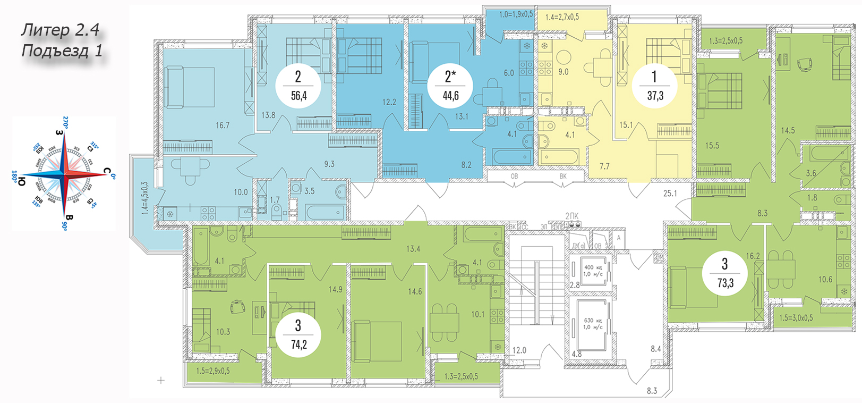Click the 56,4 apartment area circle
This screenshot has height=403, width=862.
tap(298, 86)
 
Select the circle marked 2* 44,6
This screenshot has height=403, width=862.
tap(450, 86)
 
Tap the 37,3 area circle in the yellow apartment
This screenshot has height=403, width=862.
tap(654, 86)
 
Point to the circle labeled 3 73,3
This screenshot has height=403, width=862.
tap(725, 273)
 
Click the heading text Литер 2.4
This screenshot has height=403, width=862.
tap(60, 30)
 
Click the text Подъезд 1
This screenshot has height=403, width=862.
tap(62, 51)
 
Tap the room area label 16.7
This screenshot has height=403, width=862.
tap(222, 125)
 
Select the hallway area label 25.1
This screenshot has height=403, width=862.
tap(670, 194)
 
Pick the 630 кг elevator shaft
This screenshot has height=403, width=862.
tap(593, 324)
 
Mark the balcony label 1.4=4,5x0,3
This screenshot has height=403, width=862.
tap(144, 198)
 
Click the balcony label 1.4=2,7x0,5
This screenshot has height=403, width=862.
tap(562, 17)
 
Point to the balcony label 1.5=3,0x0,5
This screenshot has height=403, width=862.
tap(796, 318)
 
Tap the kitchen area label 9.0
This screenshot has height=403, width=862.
tap(564, 72)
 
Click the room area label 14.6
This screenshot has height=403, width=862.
tap(415, 291)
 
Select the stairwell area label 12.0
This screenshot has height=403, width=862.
tap(519, 350)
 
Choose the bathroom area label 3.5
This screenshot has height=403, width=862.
tap(310, 190)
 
